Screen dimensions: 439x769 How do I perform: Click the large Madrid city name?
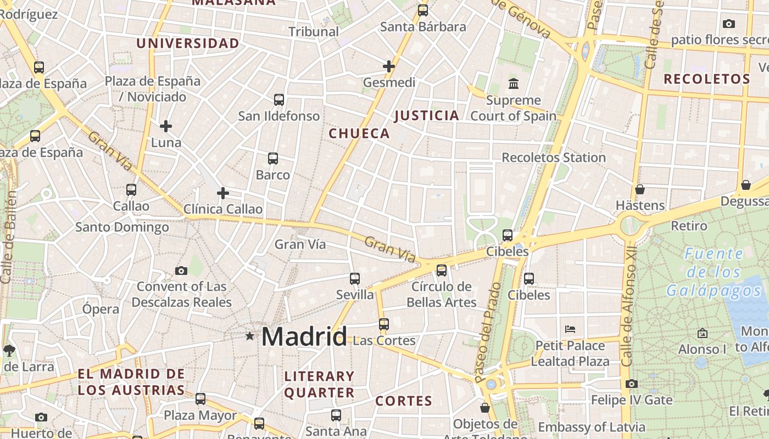[304, 336]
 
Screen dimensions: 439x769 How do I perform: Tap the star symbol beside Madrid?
[250, 335]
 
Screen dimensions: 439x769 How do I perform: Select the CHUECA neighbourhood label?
[359, 133]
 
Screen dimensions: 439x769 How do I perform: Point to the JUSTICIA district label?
[426, 115]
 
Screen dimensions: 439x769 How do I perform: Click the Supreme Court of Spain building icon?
[514, 84]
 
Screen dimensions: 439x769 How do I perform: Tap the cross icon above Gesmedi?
[389, 66]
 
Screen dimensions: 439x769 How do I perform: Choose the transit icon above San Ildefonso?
[279, 99]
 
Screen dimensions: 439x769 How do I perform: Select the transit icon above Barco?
[273, 159]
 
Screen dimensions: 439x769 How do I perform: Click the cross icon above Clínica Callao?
[223, 193]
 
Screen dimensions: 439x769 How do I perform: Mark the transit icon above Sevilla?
[355, 279]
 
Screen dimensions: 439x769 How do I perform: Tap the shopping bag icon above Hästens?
[640, 189]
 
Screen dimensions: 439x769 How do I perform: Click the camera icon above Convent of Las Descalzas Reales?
[181, 271]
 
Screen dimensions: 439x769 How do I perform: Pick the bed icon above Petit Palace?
[570, 329]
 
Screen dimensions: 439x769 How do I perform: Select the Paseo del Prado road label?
[488, 332]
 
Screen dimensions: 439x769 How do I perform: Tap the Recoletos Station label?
[554, 157]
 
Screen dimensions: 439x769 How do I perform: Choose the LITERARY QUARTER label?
[319, 384]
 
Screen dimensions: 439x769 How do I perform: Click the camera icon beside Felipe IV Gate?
[632, 384]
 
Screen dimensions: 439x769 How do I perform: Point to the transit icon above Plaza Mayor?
[200, 399]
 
